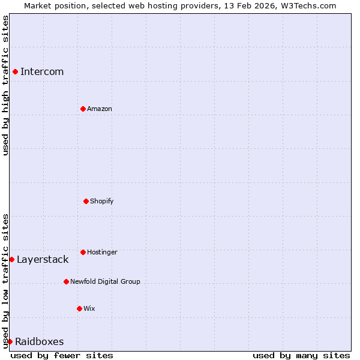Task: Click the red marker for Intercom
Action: (x=15, y=72)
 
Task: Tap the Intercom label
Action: (x=42, y=72)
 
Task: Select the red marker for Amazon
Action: (x=83, y=109)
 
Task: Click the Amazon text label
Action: (x=100, y=109)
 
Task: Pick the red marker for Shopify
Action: (x=86, y=201)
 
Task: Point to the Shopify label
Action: (x=102, y=201)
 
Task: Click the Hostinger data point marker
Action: (x=83, y=252)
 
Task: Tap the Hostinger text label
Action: (x=102, y=252)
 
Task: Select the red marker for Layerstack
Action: (x=11, y=259)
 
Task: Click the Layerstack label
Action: (x=43, y=260)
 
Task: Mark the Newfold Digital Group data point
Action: (x=66, y=281)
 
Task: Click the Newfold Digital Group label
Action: (x=105, y=281)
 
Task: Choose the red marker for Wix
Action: (x=79, y=308)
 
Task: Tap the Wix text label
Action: (x=89, y=308)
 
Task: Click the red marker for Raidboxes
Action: (x=10, y=341)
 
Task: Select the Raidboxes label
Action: (x=40, y=342)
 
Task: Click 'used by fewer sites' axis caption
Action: (x=62, y=355)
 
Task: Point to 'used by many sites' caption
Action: (x=301, y=355)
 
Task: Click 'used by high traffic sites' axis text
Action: (x=5, y=85)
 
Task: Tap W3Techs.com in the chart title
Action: (x=308, y=5)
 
